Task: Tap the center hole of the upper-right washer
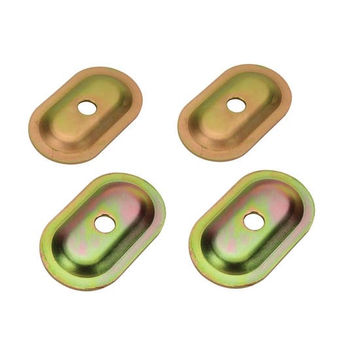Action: coord(234,103)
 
